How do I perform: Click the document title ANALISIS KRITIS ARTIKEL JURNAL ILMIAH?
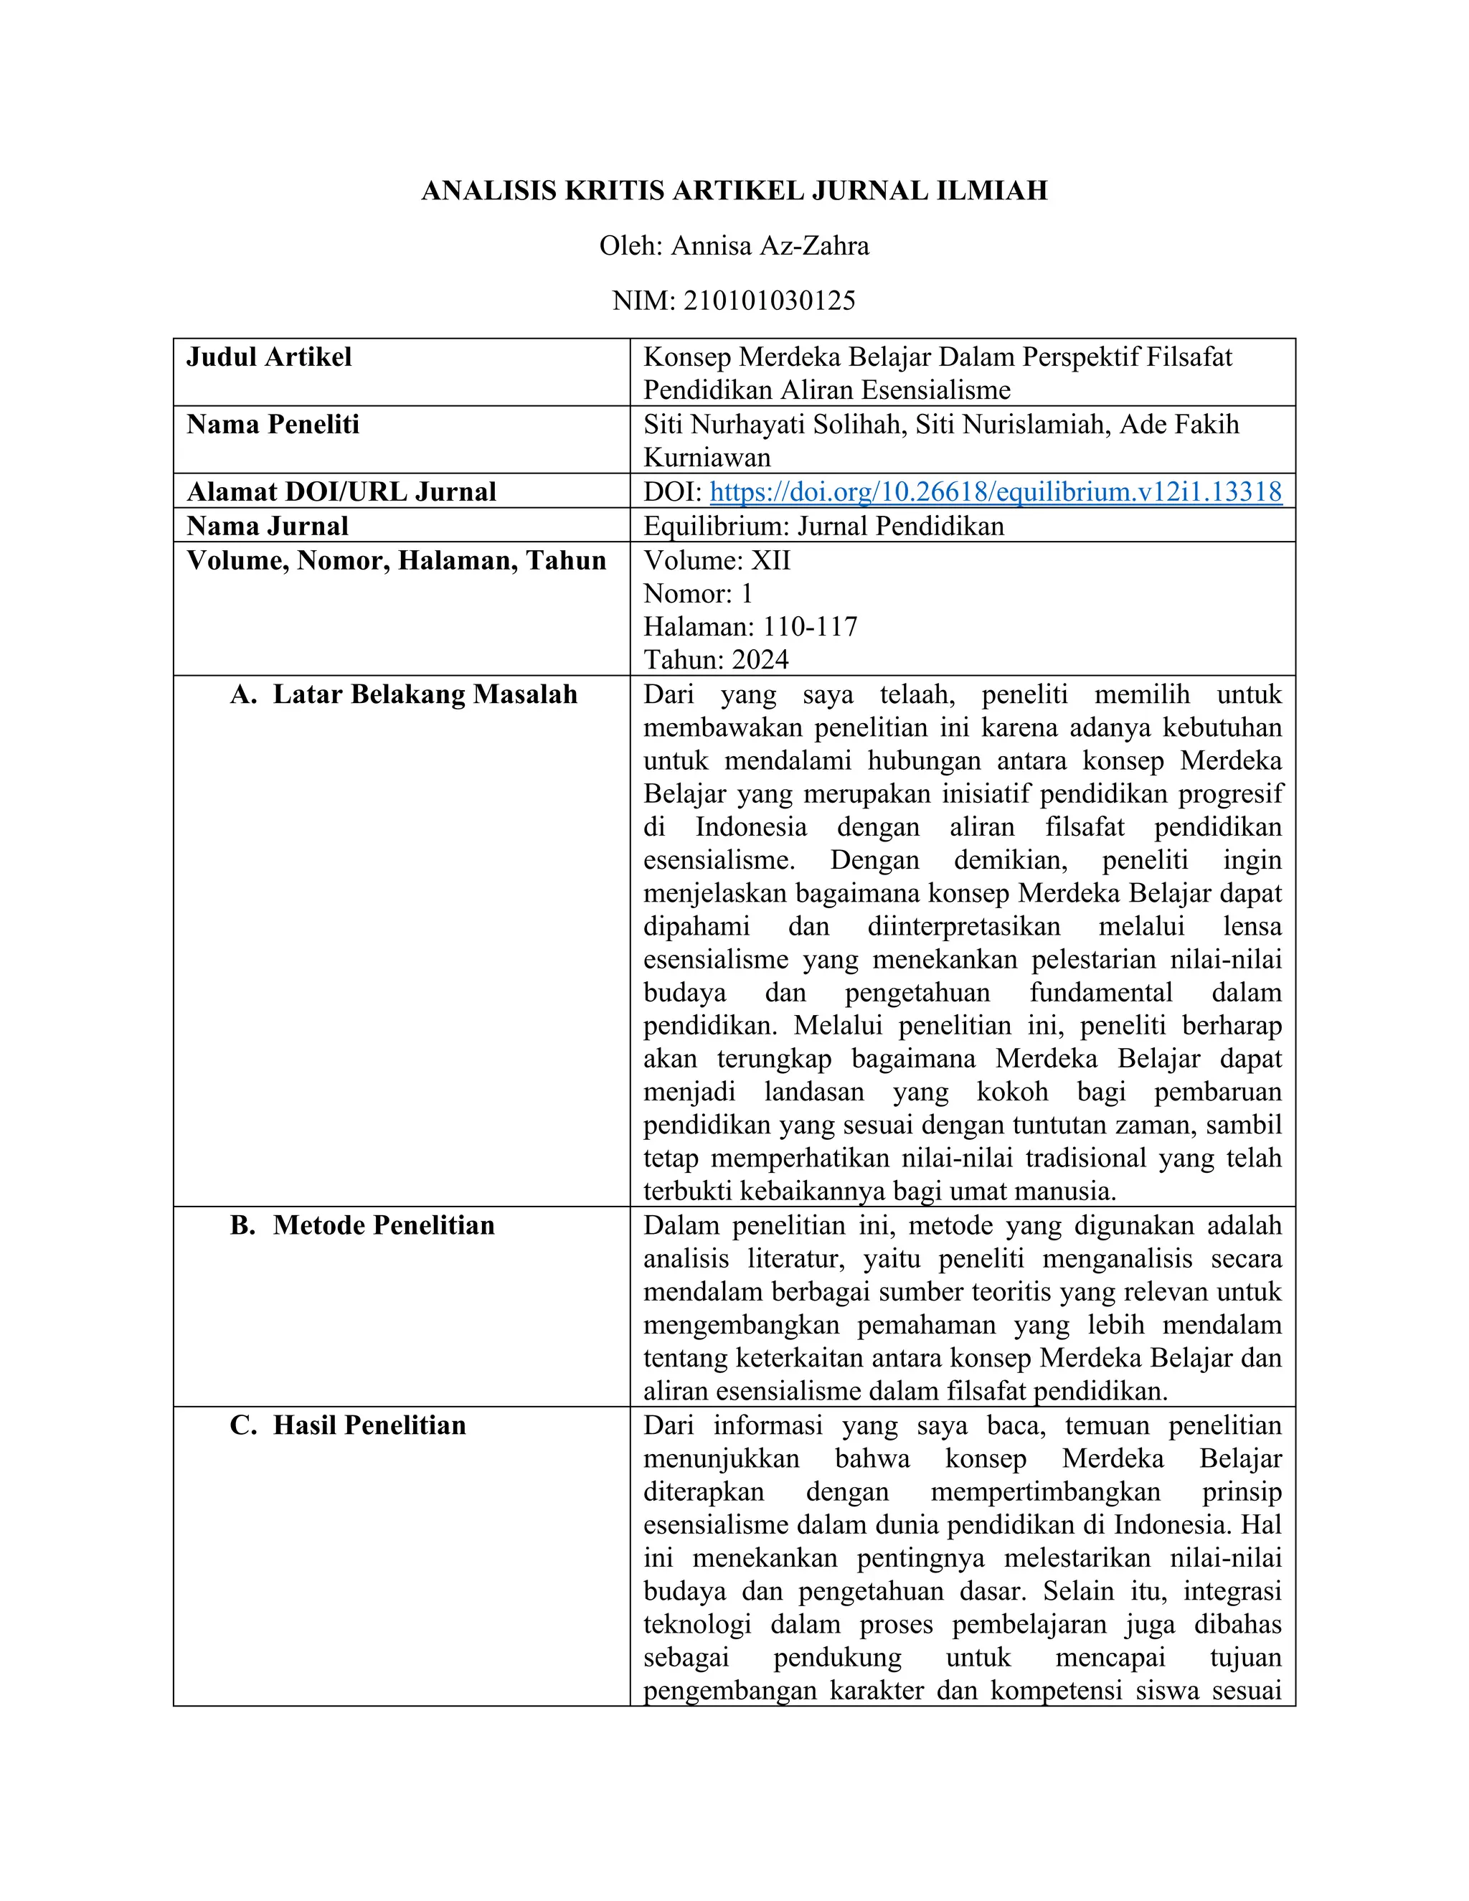click(734, 191)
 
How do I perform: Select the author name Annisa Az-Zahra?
click(770, 246)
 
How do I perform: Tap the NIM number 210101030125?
click(770, 301)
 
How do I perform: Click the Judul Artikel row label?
click(269, 357)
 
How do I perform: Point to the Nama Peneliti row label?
click(273, 425)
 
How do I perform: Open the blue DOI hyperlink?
click(996, 492)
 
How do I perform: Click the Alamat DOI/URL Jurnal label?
click(341, 492)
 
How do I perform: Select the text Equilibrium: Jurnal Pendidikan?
click(823, 526)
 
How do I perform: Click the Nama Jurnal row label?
click(267, 526)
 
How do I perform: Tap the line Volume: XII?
click(717, 560)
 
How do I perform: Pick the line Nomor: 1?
click(698, 594)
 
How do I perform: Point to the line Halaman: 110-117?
click(750, 627)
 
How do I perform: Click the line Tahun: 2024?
click(715, 660)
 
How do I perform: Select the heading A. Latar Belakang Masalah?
click(404, 694)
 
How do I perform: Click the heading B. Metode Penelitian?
click(362, 1225)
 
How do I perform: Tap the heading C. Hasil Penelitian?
click(348, 1426)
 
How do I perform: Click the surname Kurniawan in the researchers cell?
click(707, 458)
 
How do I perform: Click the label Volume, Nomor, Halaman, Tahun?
click(396, 560)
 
